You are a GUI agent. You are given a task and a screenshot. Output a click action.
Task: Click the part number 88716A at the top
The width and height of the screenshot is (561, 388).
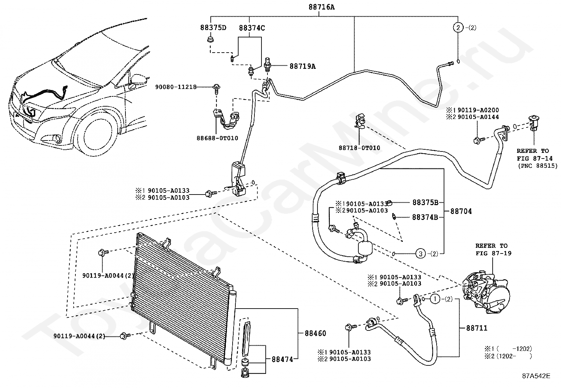click(x=322, y=7)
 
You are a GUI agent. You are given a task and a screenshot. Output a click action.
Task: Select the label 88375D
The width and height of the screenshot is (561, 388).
click(x=213, y=27)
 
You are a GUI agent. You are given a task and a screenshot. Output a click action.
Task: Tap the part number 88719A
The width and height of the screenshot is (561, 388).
click(x=303, y=66)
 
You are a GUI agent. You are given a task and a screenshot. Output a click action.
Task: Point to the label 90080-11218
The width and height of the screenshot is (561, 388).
click(x=176, y=87)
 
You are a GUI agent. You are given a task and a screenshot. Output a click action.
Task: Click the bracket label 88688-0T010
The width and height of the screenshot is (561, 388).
click(x=217, y=138)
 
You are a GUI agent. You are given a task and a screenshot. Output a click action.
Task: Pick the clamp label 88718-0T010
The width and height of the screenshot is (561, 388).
click(x=359, y=148)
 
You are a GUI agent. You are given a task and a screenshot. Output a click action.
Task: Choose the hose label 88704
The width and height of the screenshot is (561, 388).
click(x=461, y=211)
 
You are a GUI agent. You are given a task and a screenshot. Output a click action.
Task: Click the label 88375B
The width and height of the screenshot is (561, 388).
click(x=425, y=202)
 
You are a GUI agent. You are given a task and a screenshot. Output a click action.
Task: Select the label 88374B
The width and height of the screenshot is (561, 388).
click(x=425, y=217)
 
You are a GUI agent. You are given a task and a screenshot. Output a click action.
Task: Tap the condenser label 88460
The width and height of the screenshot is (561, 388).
click(x=315, y=333)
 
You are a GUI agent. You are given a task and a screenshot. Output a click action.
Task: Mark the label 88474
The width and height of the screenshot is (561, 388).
click(x=283, y=359)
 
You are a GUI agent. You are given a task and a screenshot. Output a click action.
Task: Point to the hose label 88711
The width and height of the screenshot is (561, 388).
click(x=477, y=328)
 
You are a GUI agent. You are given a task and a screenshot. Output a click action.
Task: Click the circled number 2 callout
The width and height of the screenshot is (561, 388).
click(x=458, y=28)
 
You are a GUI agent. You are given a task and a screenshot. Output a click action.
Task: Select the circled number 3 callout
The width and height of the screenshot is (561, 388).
click(x=420, y=254)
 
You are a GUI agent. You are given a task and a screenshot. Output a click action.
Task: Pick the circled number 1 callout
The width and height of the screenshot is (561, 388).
click(x=435, y=299)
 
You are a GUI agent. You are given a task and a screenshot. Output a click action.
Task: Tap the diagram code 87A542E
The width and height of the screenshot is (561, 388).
click(x=536, y=376)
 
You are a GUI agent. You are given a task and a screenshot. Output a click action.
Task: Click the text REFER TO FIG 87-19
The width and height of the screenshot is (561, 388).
click(x=493, y=250)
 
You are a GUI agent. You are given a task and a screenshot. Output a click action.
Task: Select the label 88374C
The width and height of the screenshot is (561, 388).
click(x=252, y=28)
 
